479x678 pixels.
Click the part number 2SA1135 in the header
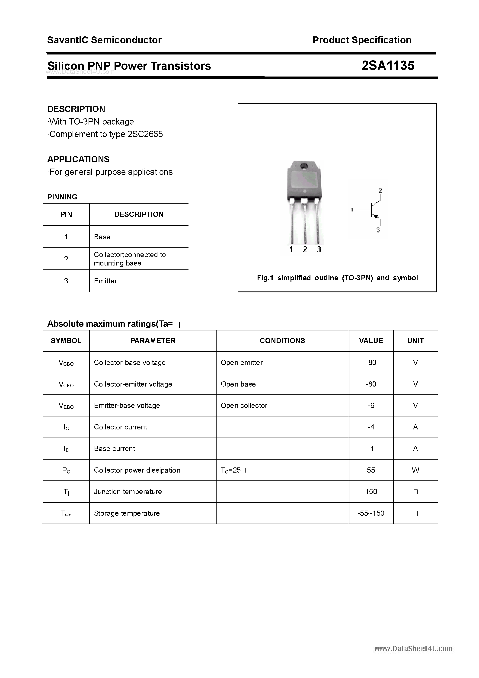point(388,66)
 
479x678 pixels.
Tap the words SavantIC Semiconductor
point(104,40)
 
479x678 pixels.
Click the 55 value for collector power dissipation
point(371,470)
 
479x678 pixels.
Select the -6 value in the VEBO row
point(371,406)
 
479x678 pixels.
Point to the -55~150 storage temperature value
point(371,513)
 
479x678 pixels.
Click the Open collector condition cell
point(244,406)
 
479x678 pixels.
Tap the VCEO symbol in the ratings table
point(66,384)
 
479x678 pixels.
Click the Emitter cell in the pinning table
point(105,281)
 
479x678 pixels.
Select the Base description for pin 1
point(102,237)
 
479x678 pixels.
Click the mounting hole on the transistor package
point(303,166)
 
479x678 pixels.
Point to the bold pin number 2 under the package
point(305,250)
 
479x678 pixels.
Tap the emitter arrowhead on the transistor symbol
point(376,217)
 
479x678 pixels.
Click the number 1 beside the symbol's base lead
point(352,210)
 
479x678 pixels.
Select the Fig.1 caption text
point(337,278)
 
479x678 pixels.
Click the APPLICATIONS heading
point(78,160)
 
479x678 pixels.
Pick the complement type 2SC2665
point(145,134)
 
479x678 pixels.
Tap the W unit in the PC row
point(415,470)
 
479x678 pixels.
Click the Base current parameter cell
point(115,448)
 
